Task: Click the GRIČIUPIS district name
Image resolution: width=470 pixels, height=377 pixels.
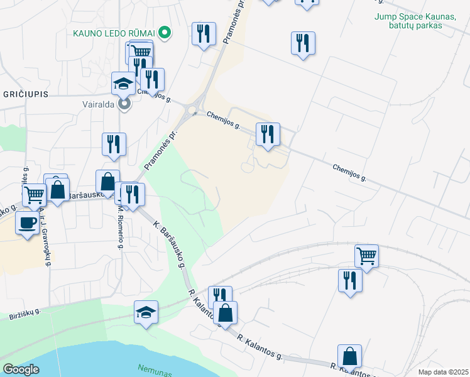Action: tap(25, 94)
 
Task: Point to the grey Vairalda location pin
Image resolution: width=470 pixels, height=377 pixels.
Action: tap(124, 104)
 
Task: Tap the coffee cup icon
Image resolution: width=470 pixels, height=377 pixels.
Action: tap(26, 223)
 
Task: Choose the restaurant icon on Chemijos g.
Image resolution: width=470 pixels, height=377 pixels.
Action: tap(268, 134)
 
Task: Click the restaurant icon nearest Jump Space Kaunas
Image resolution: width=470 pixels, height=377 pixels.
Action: tap(303, 43)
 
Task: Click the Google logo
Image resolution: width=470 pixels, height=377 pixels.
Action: tap(21, 369)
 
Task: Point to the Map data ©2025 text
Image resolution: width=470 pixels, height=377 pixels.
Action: tap(444, 372)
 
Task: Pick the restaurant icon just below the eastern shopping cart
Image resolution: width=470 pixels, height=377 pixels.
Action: tap(350, 281)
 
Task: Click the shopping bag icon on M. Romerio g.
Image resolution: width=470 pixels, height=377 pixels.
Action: tap(107, 182)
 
